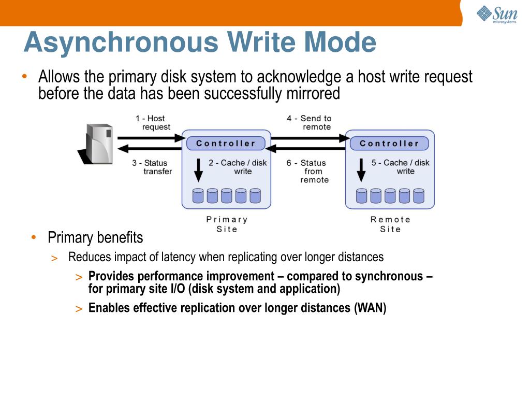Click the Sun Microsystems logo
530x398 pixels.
496,14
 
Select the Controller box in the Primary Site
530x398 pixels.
226,144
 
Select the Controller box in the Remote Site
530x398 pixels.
389,144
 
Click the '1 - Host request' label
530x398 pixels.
153,123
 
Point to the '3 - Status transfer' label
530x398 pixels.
152,167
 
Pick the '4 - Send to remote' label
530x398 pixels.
310,123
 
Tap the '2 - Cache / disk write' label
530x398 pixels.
238,167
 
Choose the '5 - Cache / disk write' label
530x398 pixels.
401,167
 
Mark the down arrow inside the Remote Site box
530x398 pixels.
361,169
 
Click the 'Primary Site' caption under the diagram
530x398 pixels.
227,224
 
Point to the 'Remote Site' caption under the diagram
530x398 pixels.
390,224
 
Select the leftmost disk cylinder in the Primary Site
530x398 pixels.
198,196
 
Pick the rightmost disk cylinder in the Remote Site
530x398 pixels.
419,196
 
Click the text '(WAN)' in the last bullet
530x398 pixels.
370,308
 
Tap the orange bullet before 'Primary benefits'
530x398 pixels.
34,237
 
